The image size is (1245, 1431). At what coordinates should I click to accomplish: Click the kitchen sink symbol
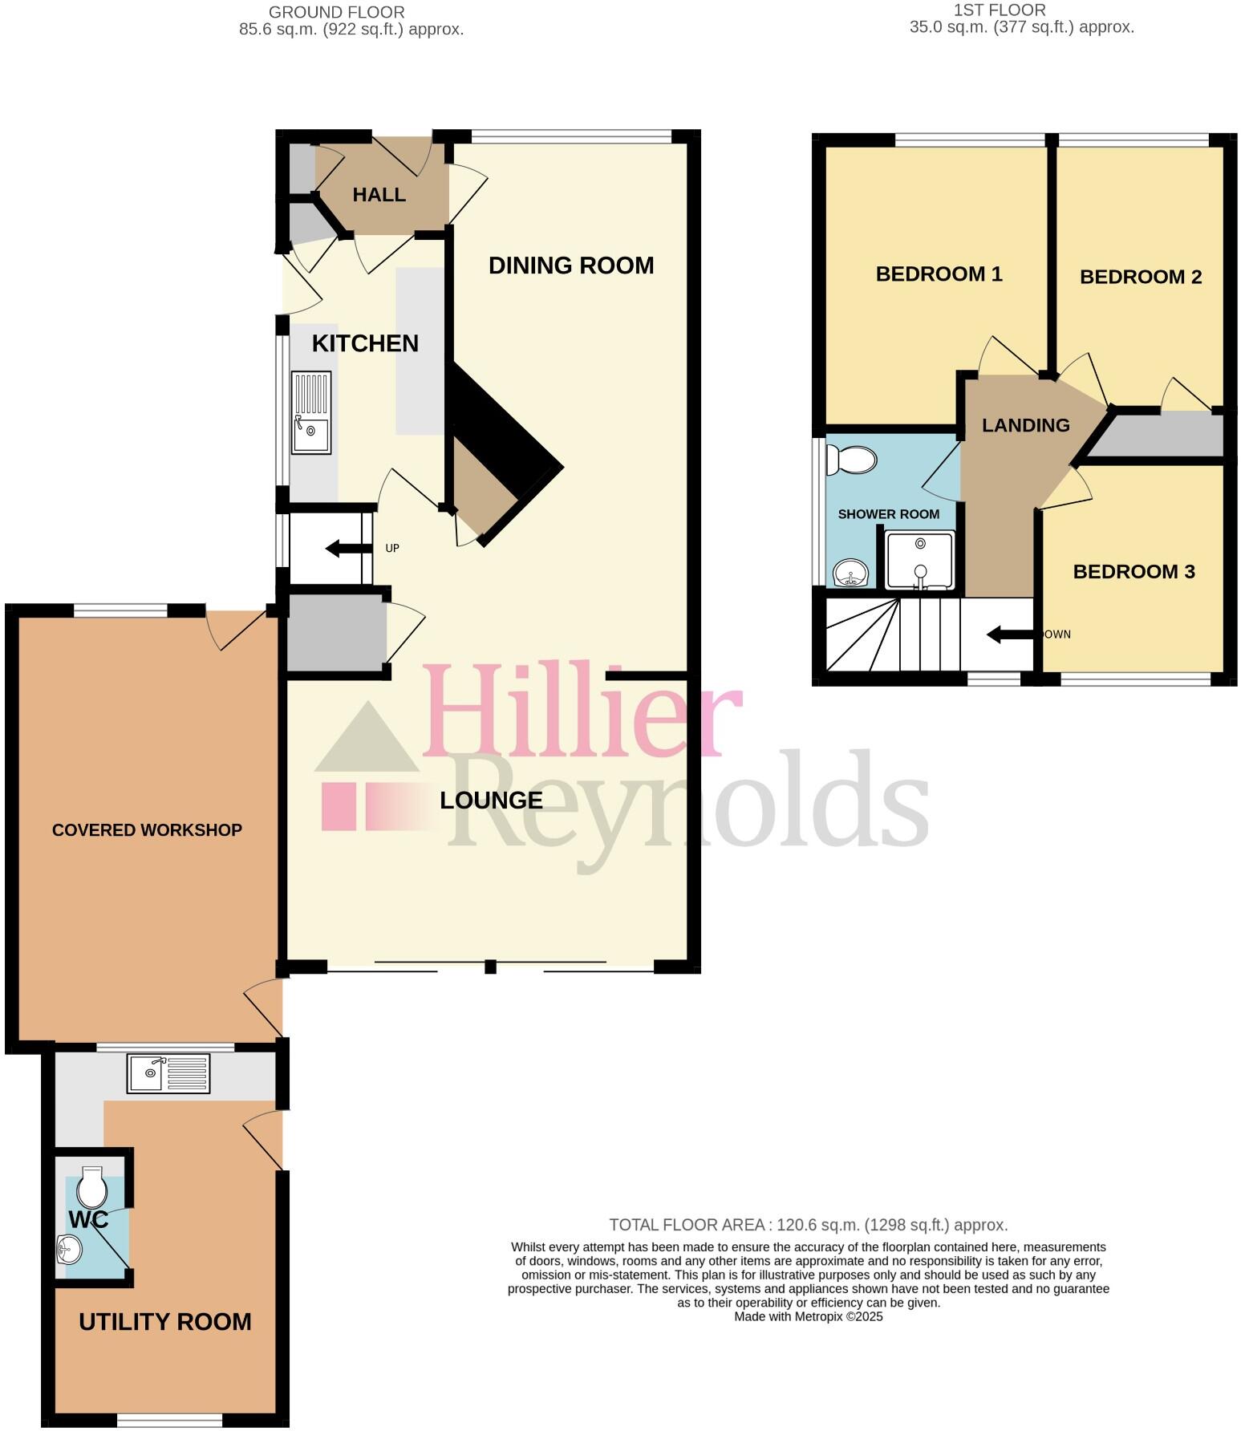310,412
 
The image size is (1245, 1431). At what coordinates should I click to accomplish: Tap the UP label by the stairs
392,549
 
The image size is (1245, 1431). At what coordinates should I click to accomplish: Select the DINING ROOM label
571,266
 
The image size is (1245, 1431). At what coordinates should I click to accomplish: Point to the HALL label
379,195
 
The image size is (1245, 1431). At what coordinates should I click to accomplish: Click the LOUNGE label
491,800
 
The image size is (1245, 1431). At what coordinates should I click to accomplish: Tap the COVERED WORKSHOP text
147,830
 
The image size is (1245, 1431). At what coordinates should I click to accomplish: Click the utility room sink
168,1073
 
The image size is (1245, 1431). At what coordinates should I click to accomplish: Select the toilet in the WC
92,1188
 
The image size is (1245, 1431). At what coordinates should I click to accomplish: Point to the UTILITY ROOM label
165,1321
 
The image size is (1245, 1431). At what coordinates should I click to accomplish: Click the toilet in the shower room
852,460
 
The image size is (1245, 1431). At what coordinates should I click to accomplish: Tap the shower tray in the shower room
920,560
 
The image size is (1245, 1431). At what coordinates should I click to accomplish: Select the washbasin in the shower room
850,573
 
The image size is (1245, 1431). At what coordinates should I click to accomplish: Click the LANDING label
1025,425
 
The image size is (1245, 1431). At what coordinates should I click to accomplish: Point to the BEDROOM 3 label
1133,571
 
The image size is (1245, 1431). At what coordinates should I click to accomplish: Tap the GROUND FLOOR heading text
336,12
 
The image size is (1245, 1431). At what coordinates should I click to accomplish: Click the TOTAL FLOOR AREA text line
808,1225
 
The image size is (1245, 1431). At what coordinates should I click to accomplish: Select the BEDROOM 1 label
939,274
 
